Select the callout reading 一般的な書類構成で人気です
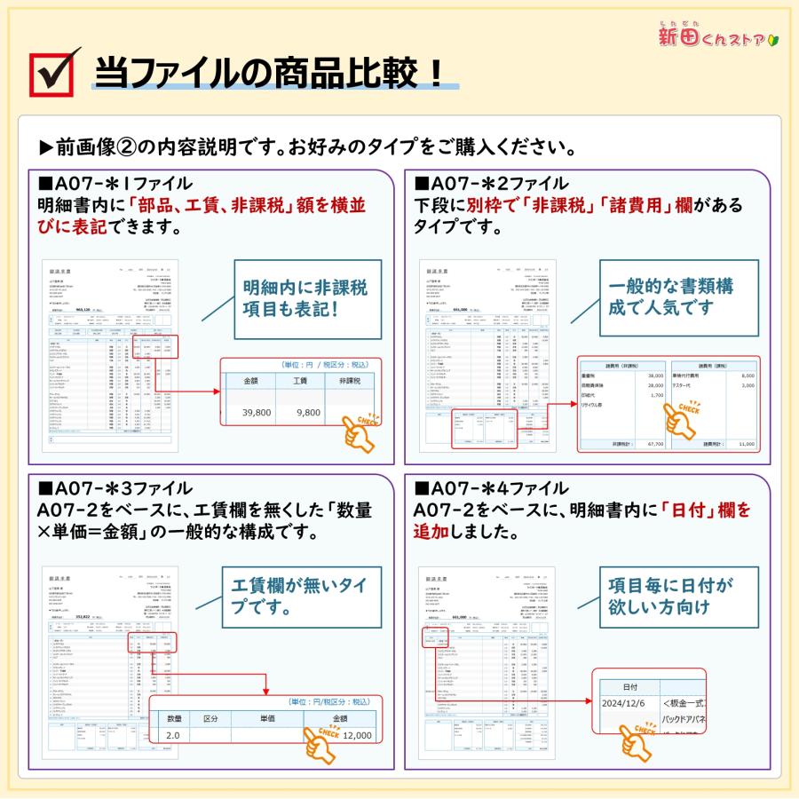coord(671,298)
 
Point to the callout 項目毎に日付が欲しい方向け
coord(671,597)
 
